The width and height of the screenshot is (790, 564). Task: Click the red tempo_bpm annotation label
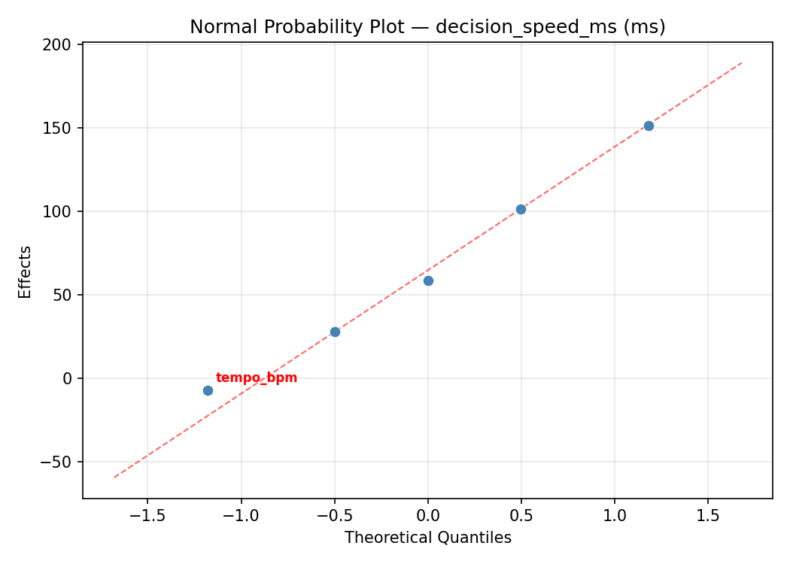point(256,378)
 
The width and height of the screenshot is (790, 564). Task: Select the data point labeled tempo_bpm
point(208,390)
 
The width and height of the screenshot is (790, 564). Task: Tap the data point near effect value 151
point(649,126)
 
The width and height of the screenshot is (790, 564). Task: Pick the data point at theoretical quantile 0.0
point(428,280)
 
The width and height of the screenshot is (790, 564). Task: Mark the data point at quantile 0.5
point(521,209)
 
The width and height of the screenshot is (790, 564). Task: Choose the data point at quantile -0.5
point(335,332)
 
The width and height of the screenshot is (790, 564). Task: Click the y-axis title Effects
point(26,271)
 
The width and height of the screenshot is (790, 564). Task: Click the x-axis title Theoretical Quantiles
point(427,538)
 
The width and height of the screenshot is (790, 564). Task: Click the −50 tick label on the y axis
point(57,462)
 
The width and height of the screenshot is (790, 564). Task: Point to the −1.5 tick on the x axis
point(147,516)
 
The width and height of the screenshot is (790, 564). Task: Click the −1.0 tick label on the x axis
point(241,516)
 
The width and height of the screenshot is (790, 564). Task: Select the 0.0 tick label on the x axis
point(428,516)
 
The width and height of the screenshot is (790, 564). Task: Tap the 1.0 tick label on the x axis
point(615,516)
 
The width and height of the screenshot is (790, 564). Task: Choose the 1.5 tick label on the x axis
point(708,516)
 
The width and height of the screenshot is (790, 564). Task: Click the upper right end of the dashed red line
point(742,62)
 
